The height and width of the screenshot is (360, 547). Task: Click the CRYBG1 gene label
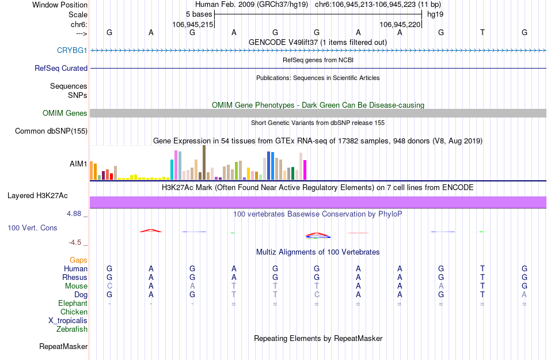tap(72, 51)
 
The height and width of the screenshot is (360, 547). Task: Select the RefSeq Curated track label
tap(61, 68)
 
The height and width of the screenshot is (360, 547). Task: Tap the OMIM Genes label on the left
tap(64, 113)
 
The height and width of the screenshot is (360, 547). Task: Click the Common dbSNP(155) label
tap(51, 131)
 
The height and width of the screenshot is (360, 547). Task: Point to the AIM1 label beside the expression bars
tap(78, 164)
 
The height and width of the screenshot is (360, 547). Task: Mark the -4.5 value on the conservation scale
tap(78, 242)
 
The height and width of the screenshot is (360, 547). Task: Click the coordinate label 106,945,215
tap(193, 24)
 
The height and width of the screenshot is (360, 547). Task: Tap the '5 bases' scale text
tap(199, 14)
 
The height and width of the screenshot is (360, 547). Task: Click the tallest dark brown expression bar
tap(204, 162)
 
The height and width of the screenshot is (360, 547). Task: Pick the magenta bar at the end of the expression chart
tap(305, 170)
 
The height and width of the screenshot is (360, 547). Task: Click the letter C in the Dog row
tap(317, 295)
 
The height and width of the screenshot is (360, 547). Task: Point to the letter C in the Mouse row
tap(109, 286)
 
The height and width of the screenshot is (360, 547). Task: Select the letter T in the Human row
tap(483, 268)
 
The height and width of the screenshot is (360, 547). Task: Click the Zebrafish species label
tap(72, 329)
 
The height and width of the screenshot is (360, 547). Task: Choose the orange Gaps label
tap(78, 260)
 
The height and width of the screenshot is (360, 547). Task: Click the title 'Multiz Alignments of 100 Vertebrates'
tap(318, 252)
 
